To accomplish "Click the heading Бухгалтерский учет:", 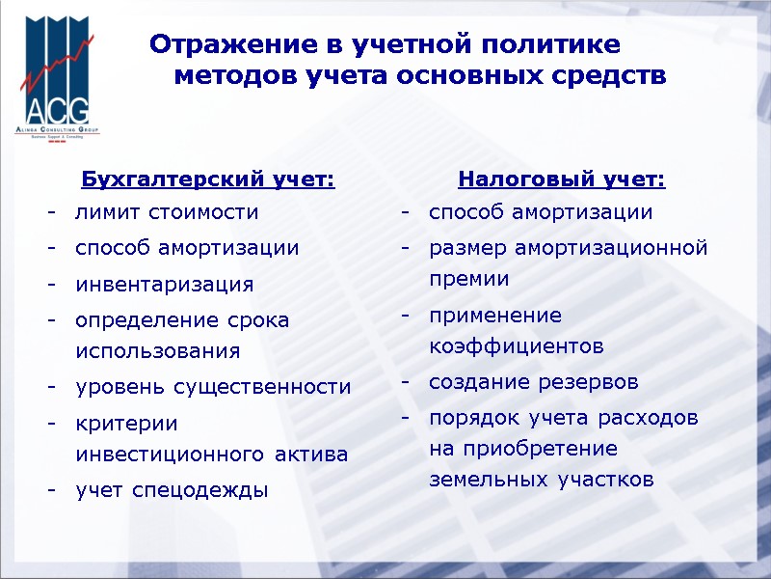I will click(x=208, y=179).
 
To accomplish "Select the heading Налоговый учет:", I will click(x=562, y=179).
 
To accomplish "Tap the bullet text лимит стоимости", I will click(x=167, y=212).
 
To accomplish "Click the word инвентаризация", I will click(x=165, y=285).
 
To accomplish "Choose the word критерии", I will click(x=126, y=423).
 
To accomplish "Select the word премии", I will click(x=469, y=279).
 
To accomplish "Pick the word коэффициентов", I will click(x=517, y=345).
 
